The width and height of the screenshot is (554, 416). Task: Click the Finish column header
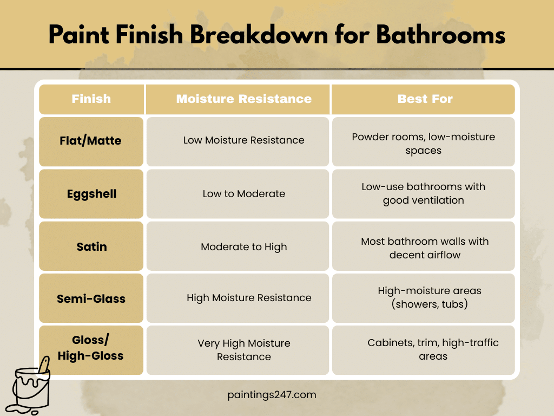[x=91, y=99]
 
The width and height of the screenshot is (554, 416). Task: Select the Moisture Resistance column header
[x=243, y=99]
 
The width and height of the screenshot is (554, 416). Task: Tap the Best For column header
[x=425, y=99]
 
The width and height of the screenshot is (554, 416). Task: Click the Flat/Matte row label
[x=91, y=141]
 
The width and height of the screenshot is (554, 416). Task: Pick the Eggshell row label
[x=91, y=193]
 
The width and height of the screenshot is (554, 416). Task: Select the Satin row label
[x=91, y=246]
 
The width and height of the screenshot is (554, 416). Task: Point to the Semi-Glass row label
[x=91, y=298]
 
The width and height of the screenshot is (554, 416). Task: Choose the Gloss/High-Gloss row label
[x=91, y=348]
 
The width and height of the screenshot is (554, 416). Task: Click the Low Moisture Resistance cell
[x=243, y=140]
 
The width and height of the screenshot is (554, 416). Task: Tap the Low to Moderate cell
[x=243, y=193]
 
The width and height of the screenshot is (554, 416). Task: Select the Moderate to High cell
[x=243, y=246]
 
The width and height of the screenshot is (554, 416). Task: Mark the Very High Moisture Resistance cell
[x=243, y=350]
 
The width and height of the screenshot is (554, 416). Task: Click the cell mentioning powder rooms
[x=424, y=144]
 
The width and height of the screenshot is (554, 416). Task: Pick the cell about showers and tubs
[x=424, y=297]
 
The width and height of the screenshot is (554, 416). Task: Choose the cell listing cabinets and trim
[x=433, y=349]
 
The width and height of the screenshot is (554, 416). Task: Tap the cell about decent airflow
[x=425, y=248]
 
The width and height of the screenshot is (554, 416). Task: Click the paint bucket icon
[x=31, y=386]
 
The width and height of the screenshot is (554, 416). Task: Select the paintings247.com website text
[x=272, y=395]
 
